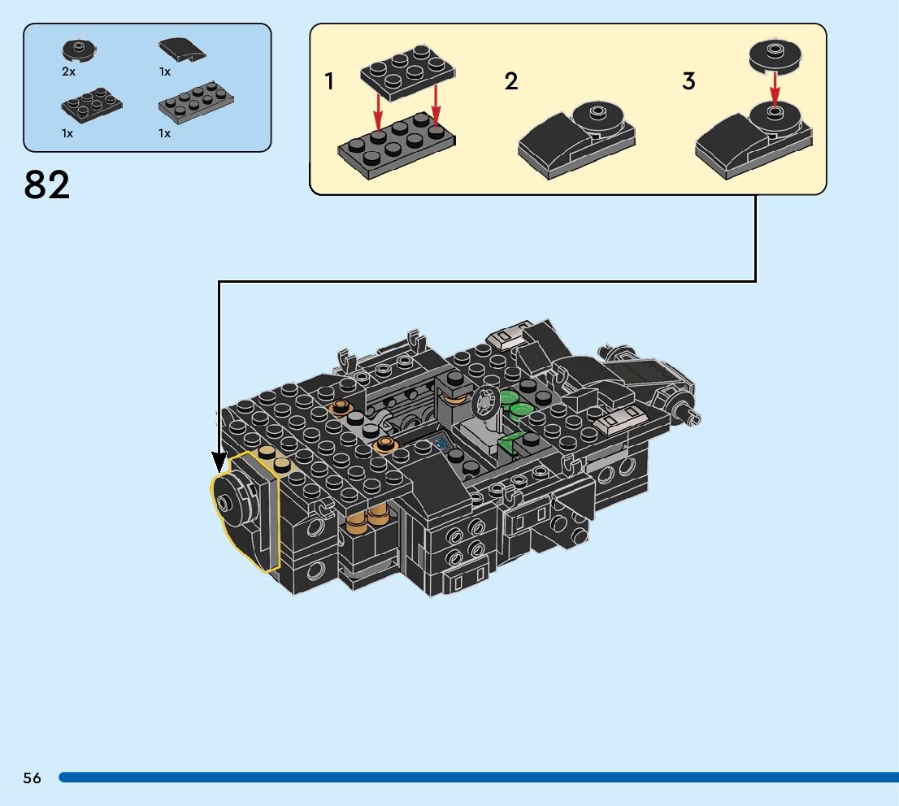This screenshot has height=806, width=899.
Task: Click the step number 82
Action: point(47,185)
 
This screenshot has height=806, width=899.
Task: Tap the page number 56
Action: point(32,778)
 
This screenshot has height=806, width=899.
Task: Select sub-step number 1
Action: point(329,81)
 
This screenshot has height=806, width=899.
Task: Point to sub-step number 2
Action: point(510,81)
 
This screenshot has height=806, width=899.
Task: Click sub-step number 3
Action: point(688,81)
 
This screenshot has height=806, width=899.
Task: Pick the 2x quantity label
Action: point(68,71)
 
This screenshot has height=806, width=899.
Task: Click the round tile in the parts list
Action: point(78,50)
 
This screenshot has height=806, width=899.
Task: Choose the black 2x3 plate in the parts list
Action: point(91,102)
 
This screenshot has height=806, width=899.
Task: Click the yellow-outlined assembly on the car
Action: point(244,512)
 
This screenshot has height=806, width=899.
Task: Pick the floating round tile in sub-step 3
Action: point(775,55)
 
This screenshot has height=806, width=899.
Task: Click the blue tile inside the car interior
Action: point(441,443)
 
